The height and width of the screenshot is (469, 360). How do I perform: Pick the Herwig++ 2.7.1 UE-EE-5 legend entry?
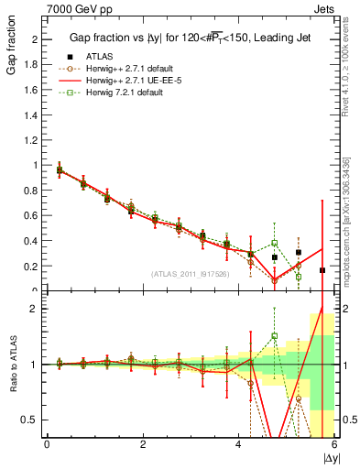click(136, 80)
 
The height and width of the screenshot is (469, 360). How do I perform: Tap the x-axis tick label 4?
click(238, 444)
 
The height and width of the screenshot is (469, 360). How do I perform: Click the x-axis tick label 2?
click(142, 444)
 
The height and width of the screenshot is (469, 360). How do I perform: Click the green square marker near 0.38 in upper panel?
click(274, 243)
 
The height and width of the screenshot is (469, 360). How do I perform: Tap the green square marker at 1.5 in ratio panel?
click(274, 336)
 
